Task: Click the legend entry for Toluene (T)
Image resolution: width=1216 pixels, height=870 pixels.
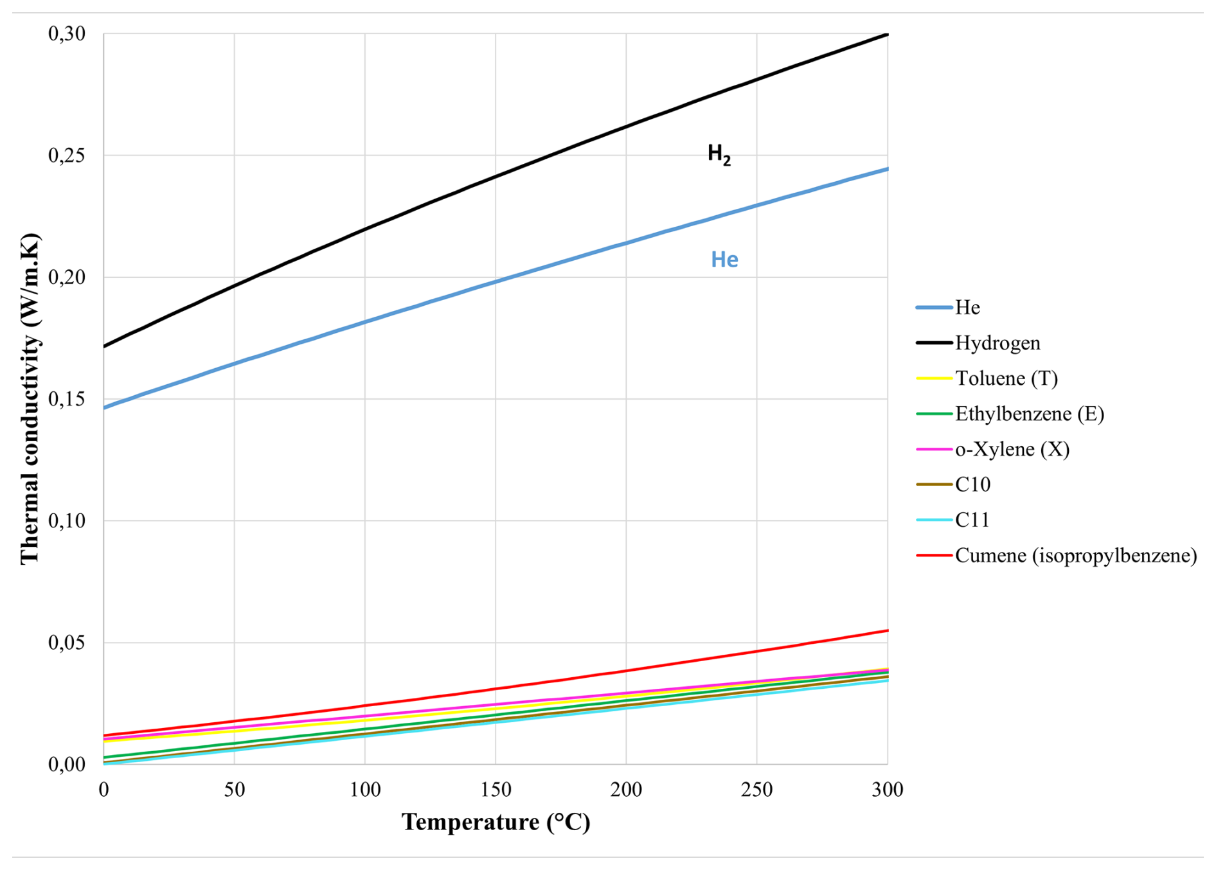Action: tap(1006, 378)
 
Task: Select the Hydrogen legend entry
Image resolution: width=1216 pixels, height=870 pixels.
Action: tap(997, 343)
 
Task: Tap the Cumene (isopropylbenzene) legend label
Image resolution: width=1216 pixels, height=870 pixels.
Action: tap(1075, 555)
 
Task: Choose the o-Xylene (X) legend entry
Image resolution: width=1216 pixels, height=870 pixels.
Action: tap(1012, 449)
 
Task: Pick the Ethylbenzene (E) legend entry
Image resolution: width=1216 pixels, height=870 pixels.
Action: tap(1029, 414)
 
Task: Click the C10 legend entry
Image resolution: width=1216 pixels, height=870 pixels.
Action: tap(972, 484)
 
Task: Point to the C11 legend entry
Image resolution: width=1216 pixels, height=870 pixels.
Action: tap(972, 520)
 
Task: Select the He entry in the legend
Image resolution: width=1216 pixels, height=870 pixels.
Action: tap(967, 308)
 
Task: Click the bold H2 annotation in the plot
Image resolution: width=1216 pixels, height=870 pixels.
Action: tap(719, 154)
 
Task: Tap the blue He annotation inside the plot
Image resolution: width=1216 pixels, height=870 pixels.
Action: tap(724, 260)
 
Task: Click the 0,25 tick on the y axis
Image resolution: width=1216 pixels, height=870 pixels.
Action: tap(67, 155)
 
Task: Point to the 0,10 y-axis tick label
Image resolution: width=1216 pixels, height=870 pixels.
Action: tap(67, 520)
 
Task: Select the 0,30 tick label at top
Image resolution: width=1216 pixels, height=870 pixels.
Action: tap(67, 33)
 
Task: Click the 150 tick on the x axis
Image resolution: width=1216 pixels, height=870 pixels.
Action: tap(496, 789)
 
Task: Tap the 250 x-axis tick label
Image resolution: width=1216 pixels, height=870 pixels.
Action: tap(756, 789)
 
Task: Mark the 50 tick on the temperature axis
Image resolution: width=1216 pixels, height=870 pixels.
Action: tap(235, 789)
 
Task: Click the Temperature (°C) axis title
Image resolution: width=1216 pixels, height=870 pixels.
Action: tap(496, 822)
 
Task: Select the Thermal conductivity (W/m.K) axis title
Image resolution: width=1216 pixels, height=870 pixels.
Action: tap(30, 398)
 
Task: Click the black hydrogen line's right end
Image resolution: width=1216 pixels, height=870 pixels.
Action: tap(886, 34)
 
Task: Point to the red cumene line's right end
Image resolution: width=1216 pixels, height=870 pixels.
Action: tap(886, 631)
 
